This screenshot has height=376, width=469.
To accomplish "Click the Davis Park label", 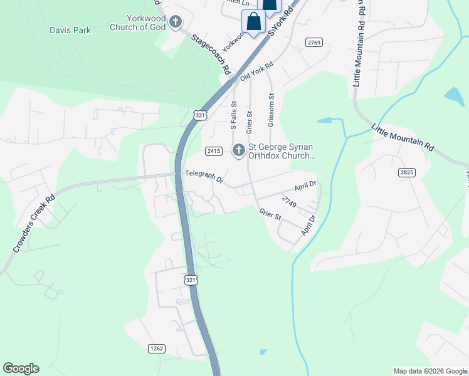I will click(x=70, y=30).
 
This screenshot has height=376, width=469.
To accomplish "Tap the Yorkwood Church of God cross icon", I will click(x=176, y=23).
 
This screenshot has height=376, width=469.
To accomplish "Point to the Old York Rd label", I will click(x=257, y=72).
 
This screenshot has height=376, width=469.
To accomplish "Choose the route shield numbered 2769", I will click(x=315, y=42).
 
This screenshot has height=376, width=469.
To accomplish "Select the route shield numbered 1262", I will click(x=157, y=348).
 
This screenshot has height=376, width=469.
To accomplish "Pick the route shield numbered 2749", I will click(x=289, y=201).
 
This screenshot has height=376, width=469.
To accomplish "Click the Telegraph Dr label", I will click(x=204, y=177).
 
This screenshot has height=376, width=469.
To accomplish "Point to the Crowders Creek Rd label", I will click(x=34, y=224).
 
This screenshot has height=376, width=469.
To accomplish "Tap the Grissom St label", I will click(x=271, y=110).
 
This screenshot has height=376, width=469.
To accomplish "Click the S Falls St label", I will click(x=234, y=115).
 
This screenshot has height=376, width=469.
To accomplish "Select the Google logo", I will click(x=21, y=368).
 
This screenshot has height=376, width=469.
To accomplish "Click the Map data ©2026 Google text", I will click(x=429, y=371).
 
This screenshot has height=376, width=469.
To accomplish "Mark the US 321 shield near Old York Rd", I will click(x=200, y=115).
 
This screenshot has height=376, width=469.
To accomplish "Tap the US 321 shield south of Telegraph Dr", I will click(x=191, y=280).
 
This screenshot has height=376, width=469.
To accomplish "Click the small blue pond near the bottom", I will click(x=262, y=352).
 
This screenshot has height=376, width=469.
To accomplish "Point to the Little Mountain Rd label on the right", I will click(x=403, y=137).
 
